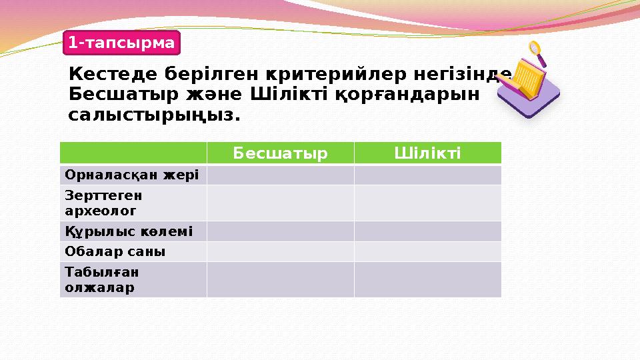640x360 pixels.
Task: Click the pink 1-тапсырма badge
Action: pyautogui.click(x=122, y=43)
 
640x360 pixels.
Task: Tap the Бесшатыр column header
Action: pyautogui.click(x=280, y=153)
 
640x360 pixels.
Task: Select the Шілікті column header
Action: pyautogui.click(x=427, y=153)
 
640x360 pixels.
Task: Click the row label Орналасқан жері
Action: pyautogui.click(x=132, y=175)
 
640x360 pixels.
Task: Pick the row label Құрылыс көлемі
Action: pyautogui.click(x=129, y=231)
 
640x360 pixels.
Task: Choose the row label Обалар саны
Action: pyautogui.click(x=115, y=251)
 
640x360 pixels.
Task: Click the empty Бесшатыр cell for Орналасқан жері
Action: pyautogui.click(x=280, y=175)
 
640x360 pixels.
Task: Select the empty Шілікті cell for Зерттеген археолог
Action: pyautogui.click(x=427, y=203)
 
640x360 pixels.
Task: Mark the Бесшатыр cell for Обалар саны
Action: pyautogui.click(x=280, y=251)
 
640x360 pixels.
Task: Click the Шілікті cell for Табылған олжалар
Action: pyautogui.click(x=427, y=279)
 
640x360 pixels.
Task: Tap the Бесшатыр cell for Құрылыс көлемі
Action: pyautogui.click(x=280, y=231)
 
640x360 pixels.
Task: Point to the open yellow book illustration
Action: pyautogui.click(x=524, y=83)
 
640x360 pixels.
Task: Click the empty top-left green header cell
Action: pyautogui.click(x=133, y=153)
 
